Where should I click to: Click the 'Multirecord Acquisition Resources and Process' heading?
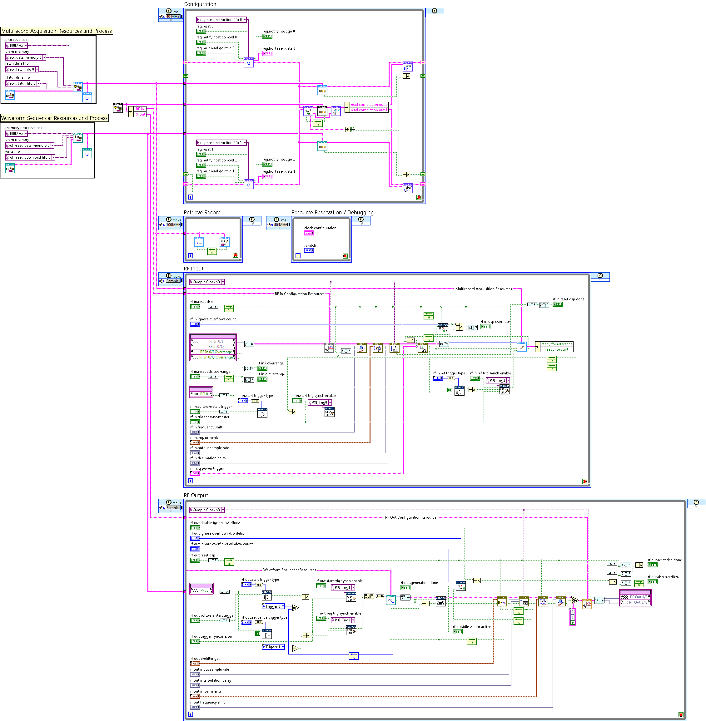[56, 31]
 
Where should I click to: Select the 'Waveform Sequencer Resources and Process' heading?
[54, 118]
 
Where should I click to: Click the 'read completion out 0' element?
[369, 105]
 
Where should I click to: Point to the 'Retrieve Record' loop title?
[202, 212]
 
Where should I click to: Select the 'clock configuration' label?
[320, 228]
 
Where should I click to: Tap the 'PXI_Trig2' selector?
[498, 380]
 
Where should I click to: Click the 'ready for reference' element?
[556, 344]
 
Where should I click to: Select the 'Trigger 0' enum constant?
[273, 606]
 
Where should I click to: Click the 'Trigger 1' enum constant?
[273, 647]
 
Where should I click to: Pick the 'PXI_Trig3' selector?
[343, 620]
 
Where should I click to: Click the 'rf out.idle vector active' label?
[471, 627]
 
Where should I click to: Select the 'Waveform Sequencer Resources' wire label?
[289, 570]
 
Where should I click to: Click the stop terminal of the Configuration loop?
[419, 197]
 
